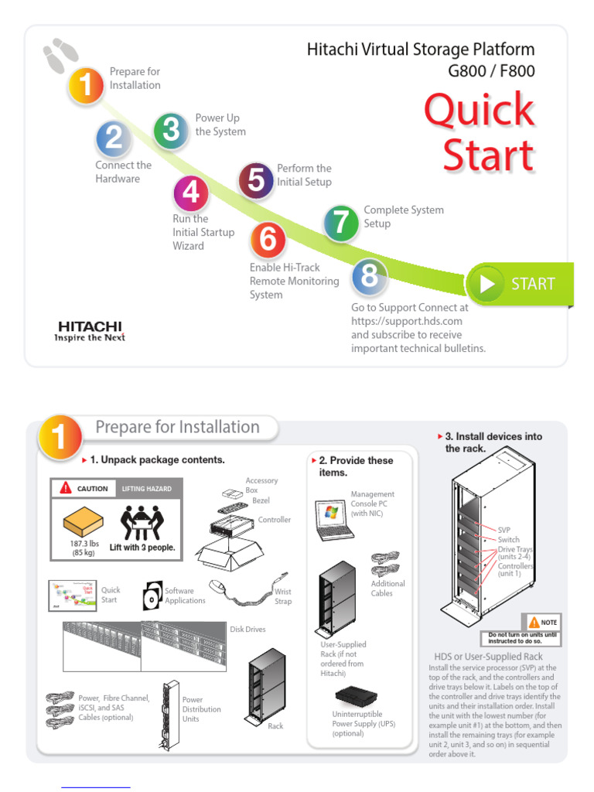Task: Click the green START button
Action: tap(520, 284)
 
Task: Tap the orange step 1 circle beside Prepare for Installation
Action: tap(87, 85)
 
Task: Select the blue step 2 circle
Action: tap(113, 138)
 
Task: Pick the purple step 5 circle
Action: tap(256, 180)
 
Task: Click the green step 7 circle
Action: tap(341, 223)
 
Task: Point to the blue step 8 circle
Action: tap(370, 277)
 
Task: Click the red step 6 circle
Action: tap(268, 240)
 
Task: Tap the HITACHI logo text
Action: tap(90, 326)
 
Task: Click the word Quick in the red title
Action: tap(480, 110)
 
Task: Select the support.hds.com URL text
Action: tap(407, 321)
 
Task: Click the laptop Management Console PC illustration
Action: tap(333, 520)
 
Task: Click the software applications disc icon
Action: tap(152, 596)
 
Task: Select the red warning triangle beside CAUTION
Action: tap(66, 488)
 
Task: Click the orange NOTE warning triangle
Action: tap(534, 622)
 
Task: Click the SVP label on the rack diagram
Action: tap(504, 530)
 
